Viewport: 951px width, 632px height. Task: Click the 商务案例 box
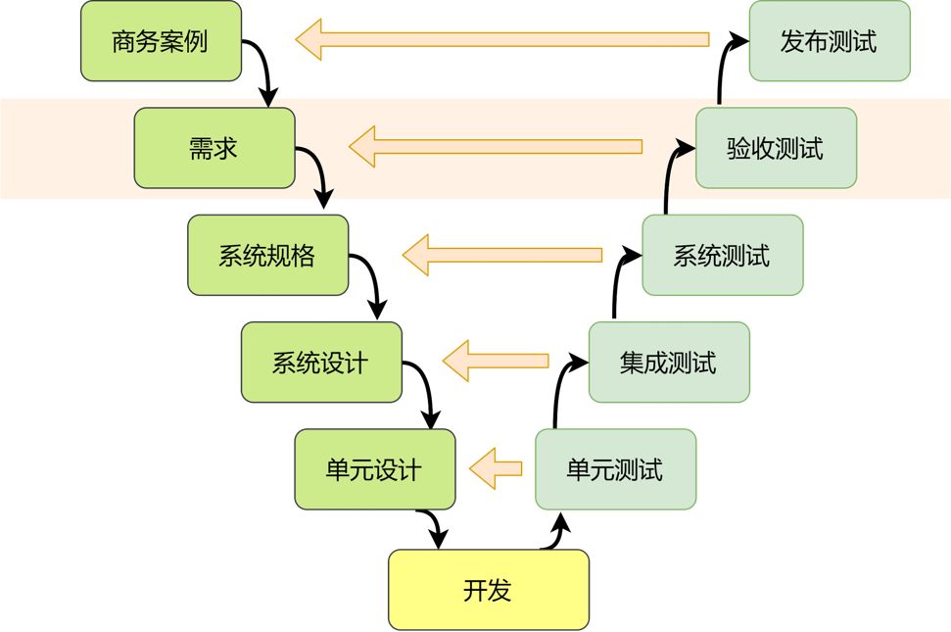click(x=160, y=41)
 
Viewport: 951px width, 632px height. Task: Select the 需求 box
click(x=214, y=148)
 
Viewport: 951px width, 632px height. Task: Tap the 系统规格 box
click(x=267, y=255)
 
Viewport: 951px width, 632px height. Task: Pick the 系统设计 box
click(x=321, y=362)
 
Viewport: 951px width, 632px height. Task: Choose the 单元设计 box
click(x=375, y=469)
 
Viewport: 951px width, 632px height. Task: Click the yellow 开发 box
click(x=489, y=590)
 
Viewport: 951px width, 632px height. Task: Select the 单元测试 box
click(x=615, y=469)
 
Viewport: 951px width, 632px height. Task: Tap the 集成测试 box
click(x=669, y=362)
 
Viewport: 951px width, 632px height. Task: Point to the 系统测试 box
click(x=723, y=255)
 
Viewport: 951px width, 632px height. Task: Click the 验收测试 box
click(x=776, y=148)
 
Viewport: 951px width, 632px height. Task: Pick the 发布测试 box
click(x=830, y=41)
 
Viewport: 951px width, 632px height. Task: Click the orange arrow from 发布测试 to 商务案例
click(x=501, y=40)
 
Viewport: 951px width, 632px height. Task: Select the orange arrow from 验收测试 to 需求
click(x=496, y=147)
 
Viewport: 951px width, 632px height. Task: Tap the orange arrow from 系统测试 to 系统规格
click(x=501, y=255)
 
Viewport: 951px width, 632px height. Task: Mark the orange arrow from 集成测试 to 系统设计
click(x=496, y=361)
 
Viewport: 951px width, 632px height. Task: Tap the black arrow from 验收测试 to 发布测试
click(x=724, y=69)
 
